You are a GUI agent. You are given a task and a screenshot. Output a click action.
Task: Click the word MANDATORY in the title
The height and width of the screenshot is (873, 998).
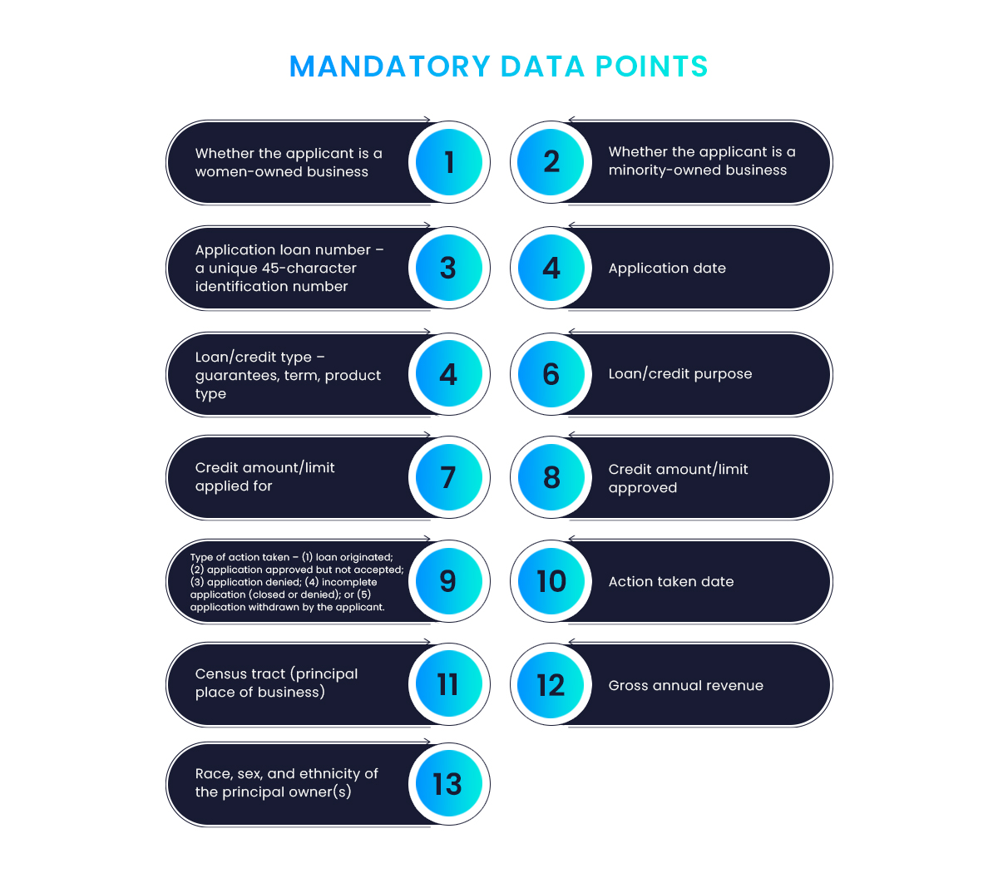390,67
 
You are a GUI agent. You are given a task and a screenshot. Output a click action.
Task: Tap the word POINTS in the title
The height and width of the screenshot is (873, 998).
651,67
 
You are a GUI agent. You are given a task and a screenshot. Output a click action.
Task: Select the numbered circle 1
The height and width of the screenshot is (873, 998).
449,162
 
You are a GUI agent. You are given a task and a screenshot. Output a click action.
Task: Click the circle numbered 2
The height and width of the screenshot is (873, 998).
551,162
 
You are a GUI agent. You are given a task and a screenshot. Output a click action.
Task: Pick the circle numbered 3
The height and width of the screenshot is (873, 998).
449,268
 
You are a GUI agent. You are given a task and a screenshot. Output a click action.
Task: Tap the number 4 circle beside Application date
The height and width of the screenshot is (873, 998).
551,268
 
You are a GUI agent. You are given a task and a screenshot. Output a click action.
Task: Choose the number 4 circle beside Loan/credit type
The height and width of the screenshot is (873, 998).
449,374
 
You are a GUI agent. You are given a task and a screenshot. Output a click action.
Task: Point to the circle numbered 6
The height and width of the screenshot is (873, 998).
551,374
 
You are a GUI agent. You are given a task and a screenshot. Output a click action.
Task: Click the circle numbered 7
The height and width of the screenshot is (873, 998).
449,477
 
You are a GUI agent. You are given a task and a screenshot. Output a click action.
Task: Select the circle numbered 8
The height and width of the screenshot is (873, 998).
551,477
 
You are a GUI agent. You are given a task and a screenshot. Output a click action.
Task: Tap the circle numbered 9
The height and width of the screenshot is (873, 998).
449,581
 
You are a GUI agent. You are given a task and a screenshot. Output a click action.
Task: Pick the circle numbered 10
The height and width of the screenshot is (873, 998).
551,581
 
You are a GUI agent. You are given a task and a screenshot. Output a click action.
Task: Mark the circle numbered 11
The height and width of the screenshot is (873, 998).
449,684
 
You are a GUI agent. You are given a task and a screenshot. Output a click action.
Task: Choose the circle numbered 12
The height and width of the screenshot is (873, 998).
551,684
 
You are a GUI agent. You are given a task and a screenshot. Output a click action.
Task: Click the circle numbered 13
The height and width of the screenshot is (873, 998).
449,784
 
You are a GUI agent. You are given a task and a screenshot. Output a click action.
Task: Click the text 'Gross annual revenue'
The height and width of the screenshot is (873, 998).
685,686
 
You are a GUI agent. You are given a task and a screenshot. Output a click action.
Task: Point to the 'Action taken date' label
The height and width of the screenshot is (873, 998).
670,581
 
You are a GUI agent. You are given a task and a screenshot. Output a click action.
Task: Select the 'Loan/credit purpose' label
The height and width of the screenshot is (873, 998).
680,374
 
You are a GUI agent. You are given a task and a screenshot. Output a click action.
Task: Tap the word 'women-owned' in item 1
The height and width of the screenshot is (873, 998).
247,171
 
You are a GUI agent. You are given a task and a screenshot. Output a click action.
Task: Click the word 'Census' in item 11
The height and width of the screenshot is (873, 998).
222,674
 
